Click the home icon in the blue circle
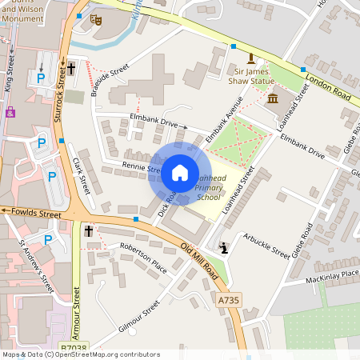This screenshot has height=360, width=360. pyautogui.click(x=180, y=172)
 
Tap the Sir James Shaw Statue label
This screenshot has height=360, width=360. pyautogui.click(x=250, y=76)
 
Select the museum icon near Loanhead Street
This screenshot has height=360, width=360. pyautogui.click(x=272, y=98)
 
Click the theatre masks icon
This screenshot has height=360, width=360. pyautogui.click(x=97, y=20)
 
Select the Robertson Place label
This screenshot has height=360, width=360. pyautogui.click(x=143, y=258)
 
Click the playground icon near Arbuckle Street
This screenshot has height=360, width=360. pyautogui.click(x=226, y=248)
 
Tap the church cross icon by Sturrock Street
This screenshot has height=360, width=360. pyautogui.click(x=71, y=69)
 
